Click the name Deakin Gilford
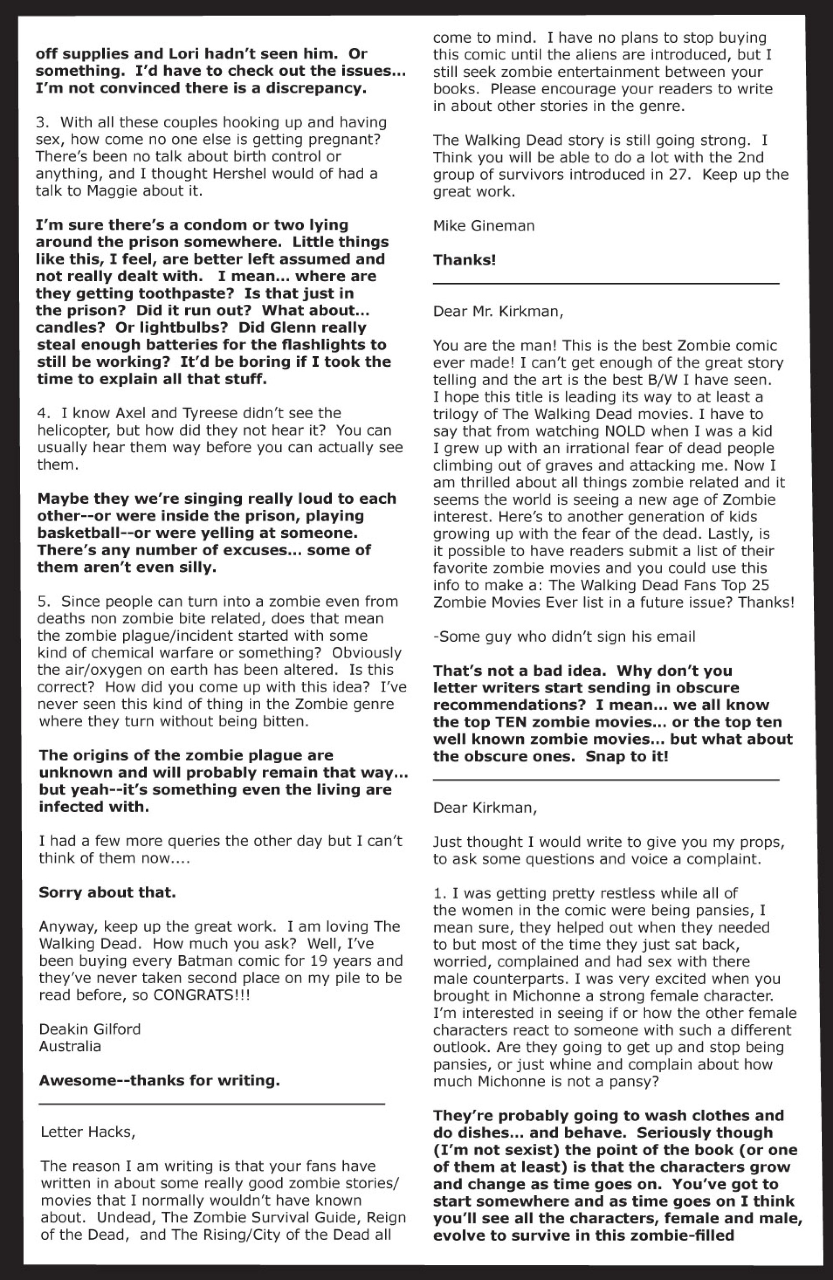tap(89, 1029)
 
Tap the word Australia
tap(70, 1046)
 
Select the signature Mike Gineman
tap(484, 226)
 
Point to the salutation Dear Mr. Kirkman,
tap(498, 311)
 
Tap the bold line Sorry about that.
tap(107, 892)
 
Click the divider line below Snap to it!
tap(605, 779)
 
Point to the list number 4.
tap(42, 413)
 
